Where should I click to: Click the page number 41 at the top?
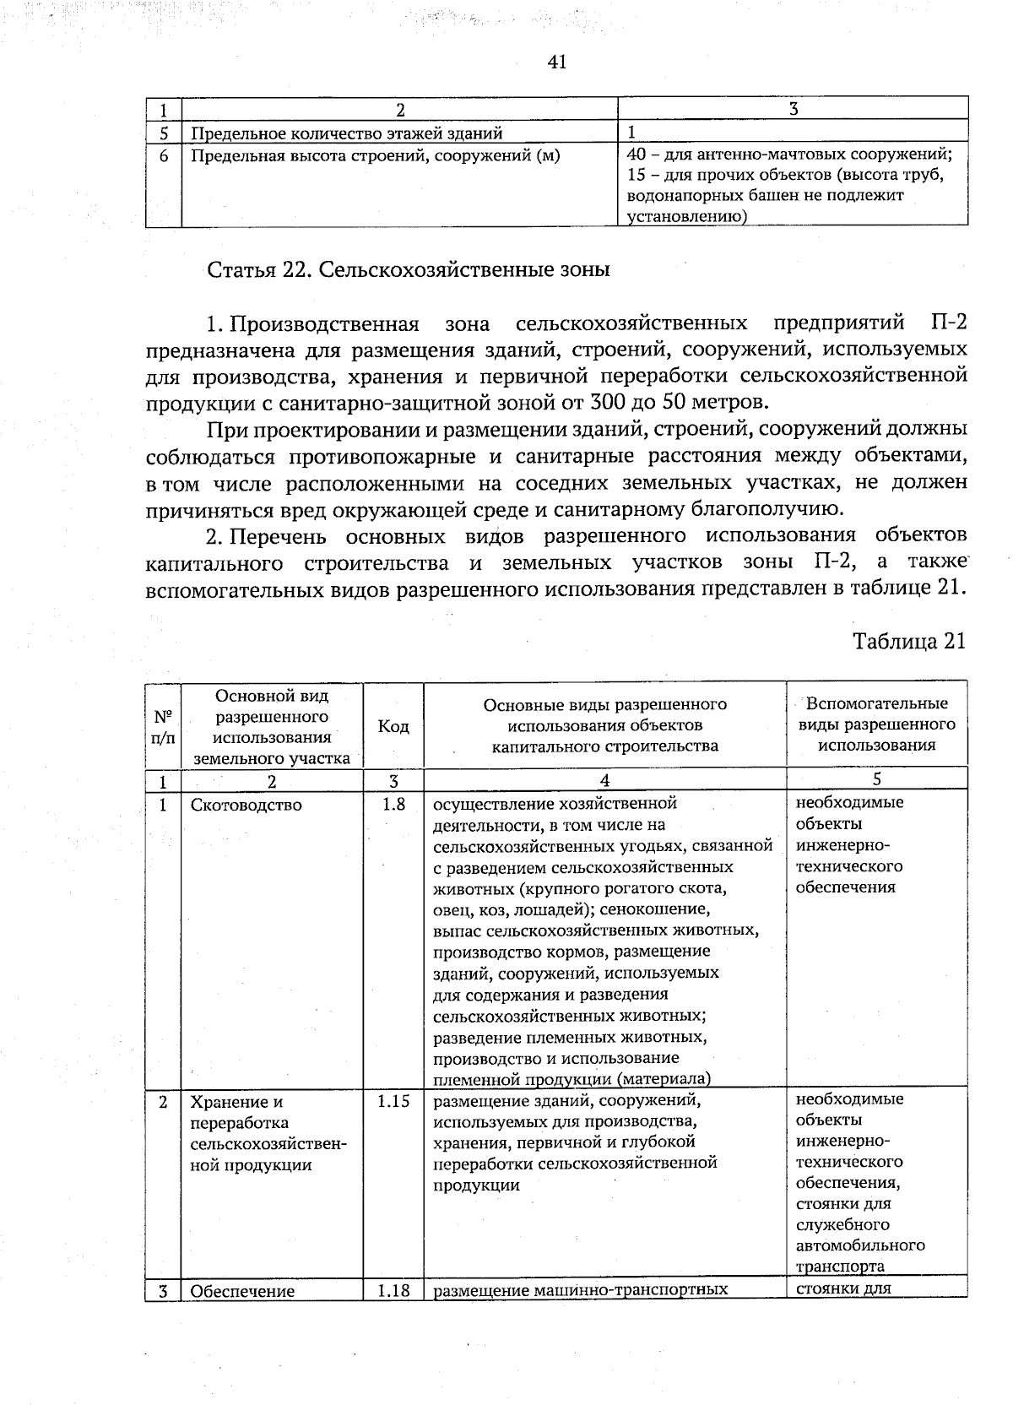pos(556,62)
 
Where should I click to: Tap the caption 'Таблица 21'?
pos(908,641)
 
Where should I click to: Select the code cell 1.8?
pos(393,805)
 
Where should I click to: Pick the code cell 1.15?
pos(393,1102)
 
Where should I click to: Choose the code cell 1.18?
pos(393,1290)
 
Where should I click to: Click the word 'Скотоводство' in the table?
pos(246,806)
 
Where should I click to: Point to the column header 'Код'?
pos(393,726)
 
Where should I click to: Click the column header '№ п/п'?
pos(163,726)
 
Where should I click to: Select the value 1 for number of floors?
pos(631,133)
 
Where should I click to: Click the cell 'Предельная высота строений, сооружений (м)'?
pos(375,155)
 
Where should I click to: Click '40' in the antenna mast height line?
pos(637,155)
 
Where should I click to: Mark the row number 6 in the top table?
pos(164,155)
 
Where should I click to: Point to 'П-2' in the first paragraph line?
pos(947,323)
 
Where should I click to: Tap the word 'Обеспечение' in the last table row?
pos(242,1291)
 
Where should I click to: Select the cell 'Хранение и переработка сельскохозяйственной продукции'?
pos(268,1133)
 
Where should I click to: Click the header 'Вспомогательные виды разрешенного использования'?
pos(876,724)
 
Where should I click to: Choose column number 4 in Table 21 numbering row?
pos(604,779)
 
